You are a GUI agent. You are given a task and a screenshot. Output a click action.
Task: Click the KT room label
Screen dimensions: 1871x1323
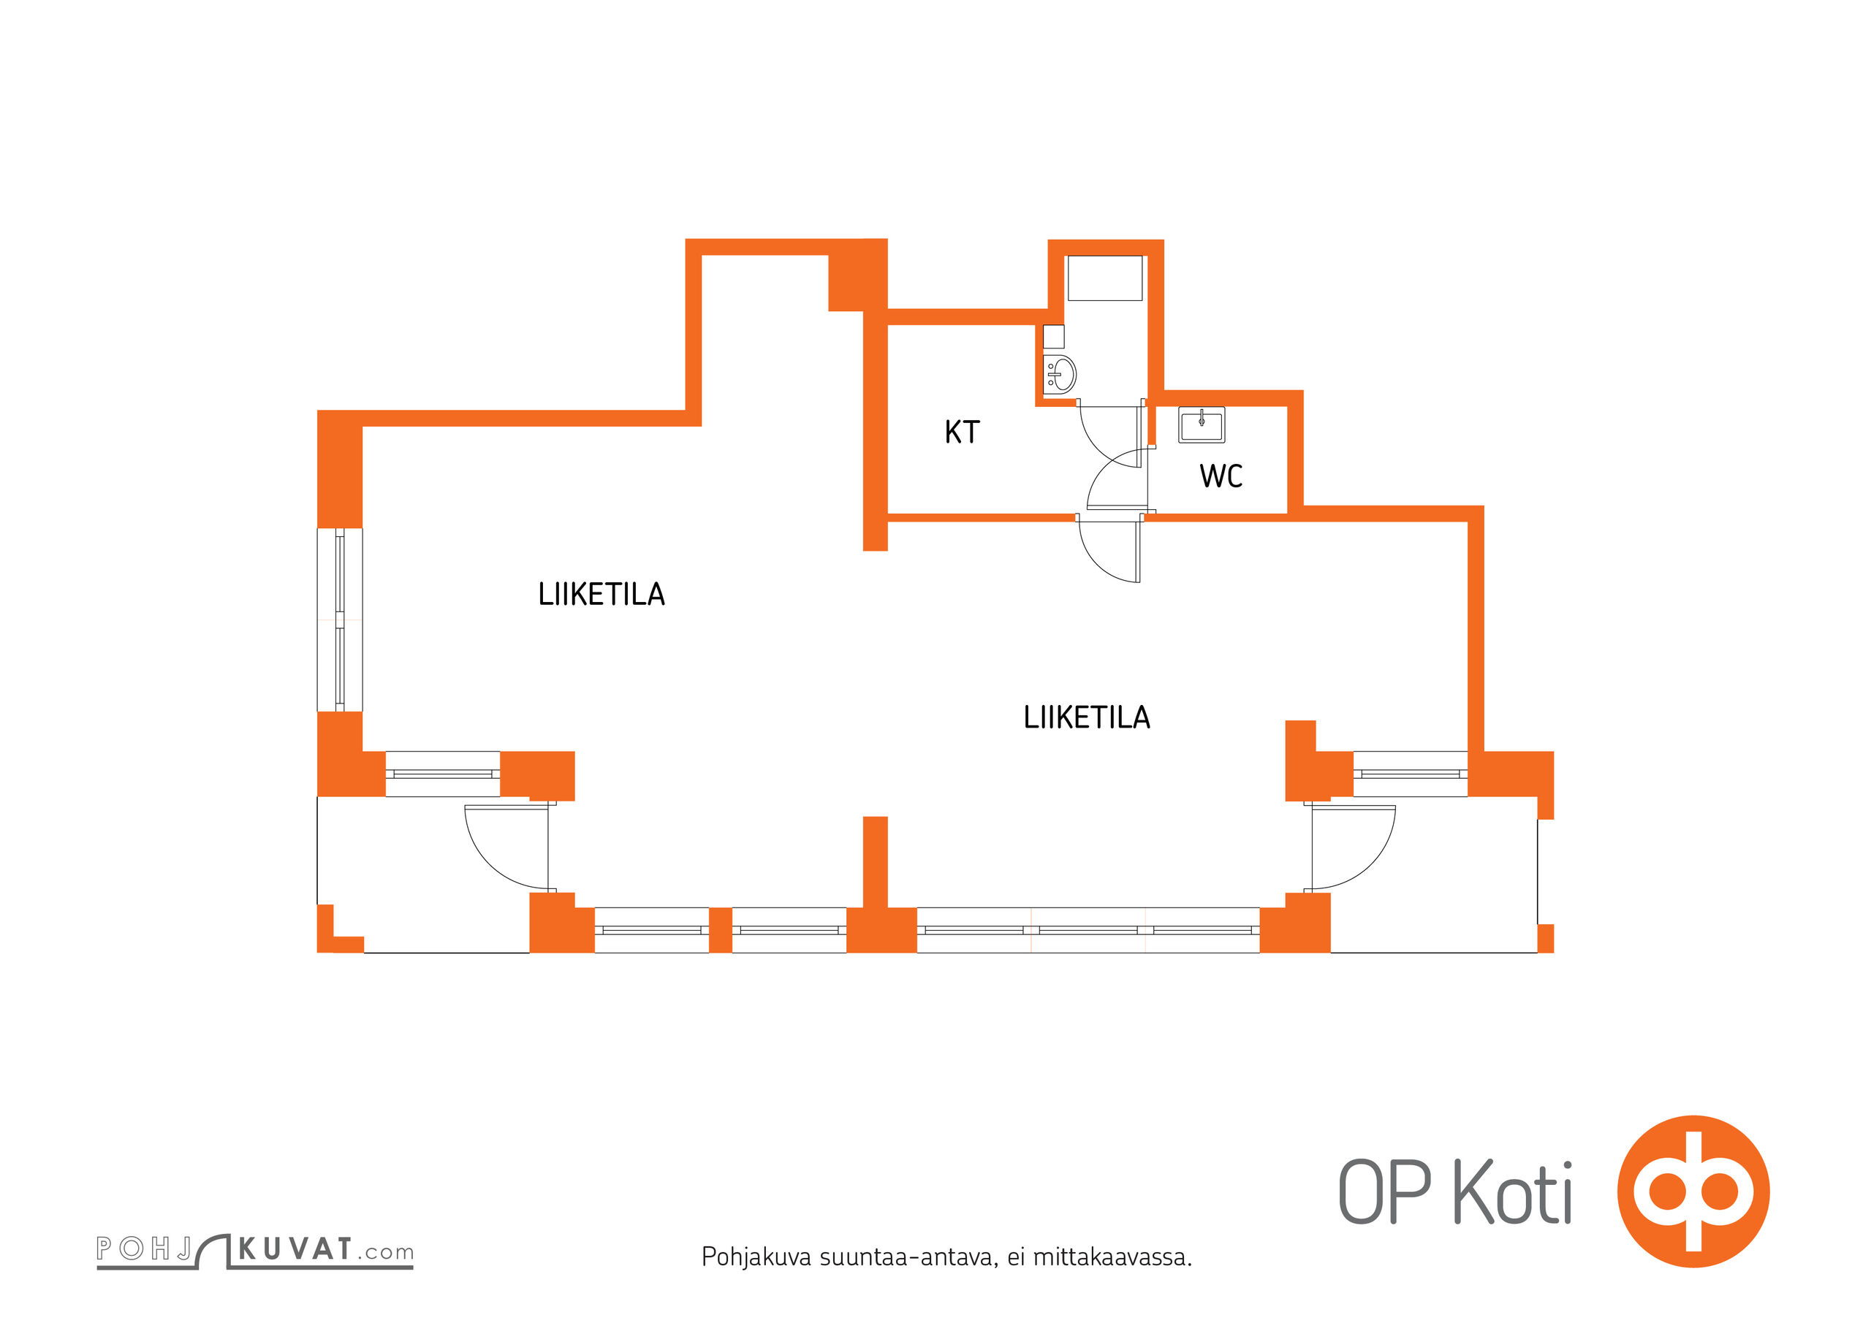coord(962,432)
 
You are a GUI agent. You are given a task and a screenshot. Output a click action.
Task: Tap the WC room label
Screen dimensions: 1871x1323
coord(1221,476)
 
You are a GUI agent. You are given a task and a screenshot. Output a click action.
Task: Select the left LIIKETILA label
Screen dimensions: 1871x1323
coord(601,594)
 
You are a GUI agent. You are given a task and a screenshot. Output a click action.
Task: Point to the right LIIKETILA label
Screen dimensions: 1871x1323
coord(1087,717)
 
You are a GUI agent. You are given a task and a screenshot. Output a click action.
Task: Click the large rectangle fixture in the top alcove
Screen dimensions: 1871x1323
coord(1104,278)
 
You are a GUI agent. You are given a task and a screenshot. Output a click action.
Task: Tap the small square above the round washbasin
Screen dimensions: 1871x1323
coord(1054,337)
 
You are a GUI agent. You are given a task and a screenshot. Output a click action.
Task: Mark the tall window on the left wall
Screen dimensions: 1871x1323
coord(340,620)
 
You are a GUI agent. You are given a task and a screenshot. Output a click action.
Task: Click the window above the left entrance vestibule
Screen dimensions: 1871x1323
coord(442,774)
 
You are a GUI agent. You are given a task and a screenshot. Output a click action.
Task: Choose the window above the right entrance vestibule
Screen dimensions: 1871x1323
coord(1411,774)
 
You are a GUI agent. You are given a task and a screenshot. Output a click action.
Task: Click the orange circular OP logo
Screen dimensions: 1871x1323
coord(1693,1191)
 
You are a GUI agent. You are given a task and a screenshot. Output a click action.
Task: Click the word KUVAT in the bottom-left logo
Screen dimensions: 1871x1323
coord(295,1249)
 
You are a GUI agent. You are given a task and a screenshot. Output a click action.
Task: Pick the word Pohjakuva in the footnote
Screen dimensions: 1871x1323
coord(756,1258)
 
